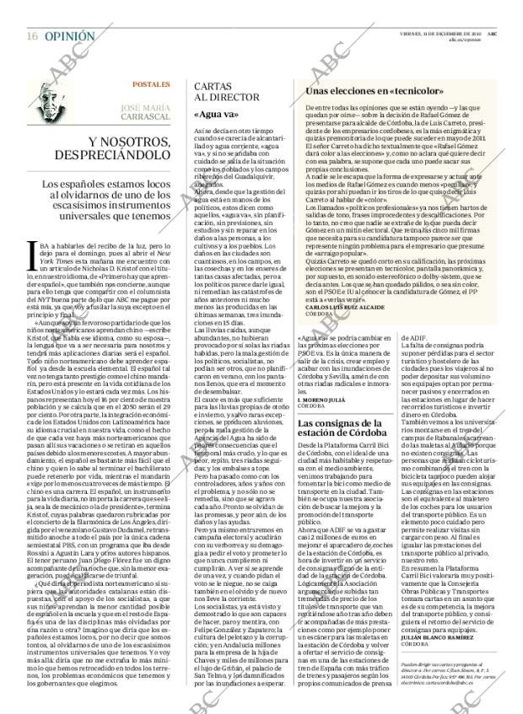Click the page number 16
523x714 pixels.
31,14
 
